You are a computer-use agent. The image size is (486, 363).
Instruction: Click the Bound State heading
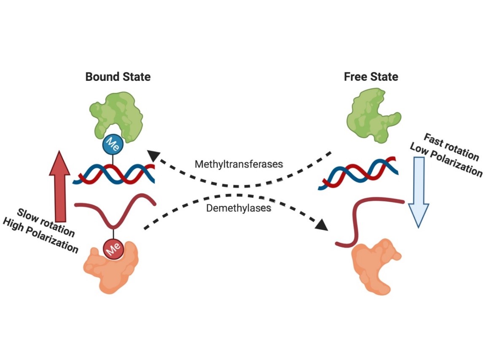(118, 77)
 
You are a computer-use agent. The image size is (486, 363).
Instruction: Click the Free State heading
(371, 77)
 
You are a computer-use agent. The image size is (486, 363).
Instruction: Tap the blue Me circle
(113, 144)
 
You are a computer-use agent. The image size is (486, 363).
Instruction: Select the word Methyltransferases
(239, 164)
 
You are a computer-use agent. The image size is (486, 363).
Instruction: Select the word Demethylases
(239, 208)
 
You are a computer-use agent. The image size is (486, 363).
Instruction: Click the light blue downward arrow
(419, 192)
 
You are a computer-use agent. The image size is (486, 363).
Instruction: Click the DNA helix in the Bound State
(113, 173)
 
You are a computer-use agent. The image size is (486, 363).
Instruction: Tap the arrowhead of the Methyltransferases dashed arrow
(153, 155)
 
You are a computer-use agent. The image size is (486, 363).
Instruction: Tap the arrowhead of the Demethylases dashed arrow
(321, 224)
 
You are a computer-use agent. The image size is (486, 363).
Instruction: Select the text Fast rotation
(451, 147)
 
